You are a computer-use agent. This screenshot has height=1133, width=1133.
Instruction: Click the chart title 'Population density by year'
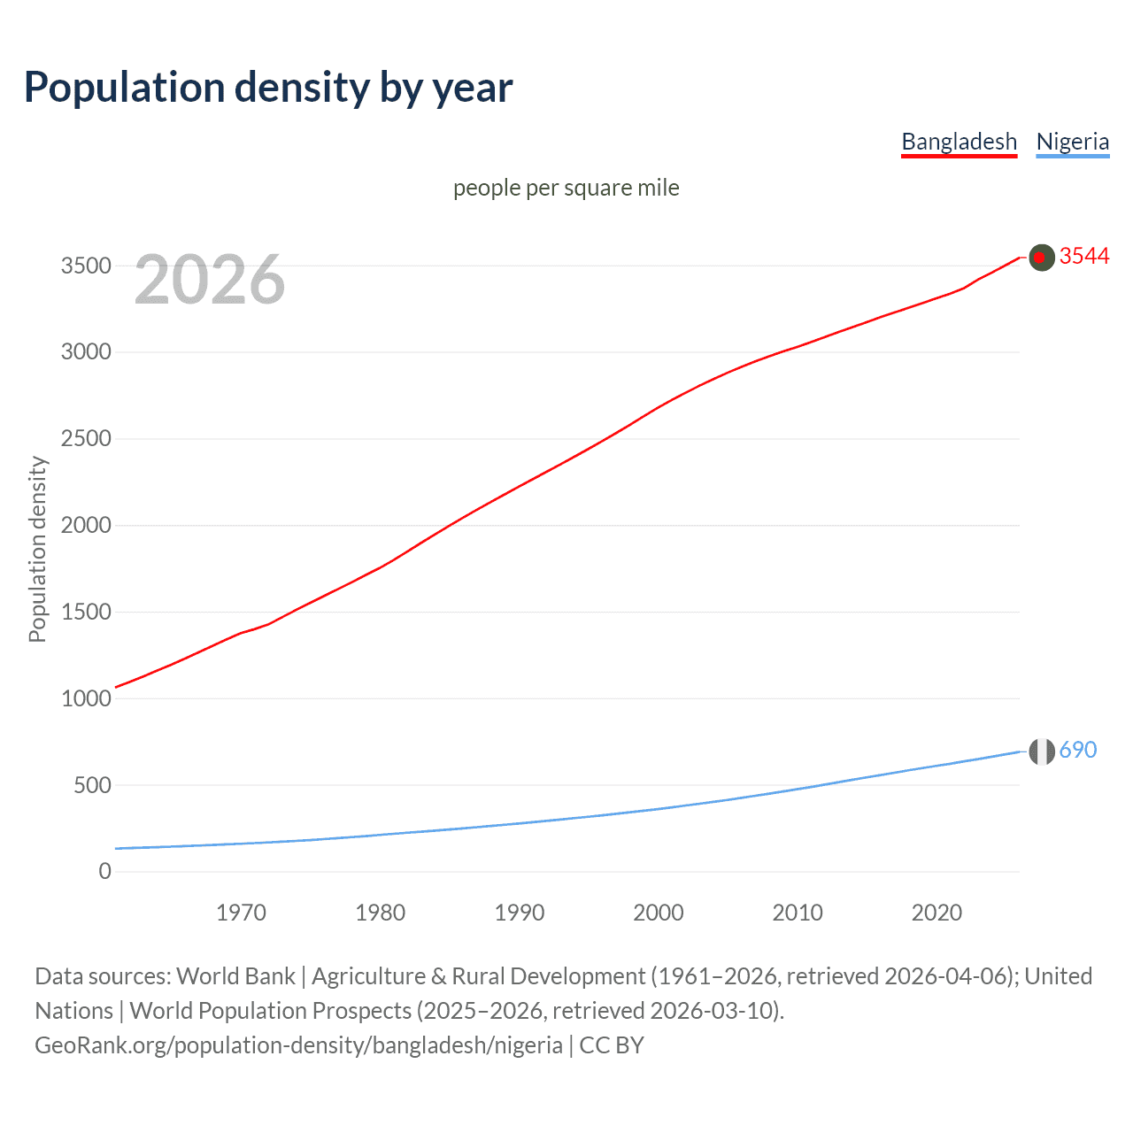pyautogui.click(x=268, y=88)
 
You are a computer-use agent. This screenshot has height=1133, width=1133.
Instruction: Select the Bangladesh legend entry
pyautogui.click(x=959, y=142)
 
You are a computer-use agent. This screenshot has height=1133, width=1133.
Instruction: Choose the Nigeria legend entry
pyautogui.click(x=1072, y=142)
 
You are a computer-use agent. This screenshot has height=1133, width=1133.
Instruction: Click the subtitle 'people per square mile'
pyautogui.click(x=566, y=188)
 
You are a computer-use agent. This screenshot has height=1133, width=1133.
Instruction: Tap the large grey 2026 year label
pyautogui.click(x=210, y=280)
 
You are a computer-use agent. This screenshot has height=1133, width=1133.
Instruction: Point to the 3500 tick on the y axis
pyautogui.click(x=86, y=266)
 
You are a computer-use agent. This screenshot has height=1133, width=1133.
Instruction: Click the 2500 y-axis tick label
pyautogui.click(x=86, y=439)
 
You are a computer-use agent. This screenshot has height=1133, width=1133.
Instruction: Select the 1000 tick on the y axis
pyautogui.click(x=86, y=698)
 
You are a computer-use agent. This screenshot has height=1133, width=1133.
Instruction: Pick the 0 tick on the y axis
pyautogui.click(x=104, y=871)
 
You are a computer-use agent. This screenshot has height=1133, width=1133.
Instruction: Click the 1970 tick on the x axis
pyautogui.click(x=241, y=913)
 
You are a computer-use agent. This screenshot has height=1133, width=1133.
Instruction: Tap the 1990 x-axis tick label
pyautogui.click(x=520, y=913)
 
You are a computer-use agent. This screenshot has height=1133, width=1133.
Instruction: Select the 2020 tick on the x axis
pyautogui.click(x=936, y=913)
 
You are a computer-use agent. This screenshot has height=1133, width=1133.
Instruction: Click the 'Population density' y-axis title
pyautogui.click(x=37, y=549)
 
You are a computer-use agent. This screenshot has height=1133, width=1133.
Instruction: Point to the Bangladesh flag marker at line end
pyautogui.click(x=1042, y=258)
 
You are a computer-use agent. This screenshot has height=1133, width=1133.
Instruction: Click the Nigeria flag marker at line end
pyautogui.click(x=1042, y=751)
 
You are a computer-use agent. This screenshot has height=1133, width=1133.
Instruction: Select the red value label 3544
pyautogui.click(x=1084, y=256)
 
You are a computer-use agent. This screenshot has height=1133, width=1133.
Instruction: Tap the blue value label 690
pyautogui.click(x=1077, y=750)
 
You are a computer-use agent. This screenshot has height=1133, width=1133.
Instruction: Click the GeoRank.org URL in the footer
pyautogui.click(x=298, y=1045)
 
